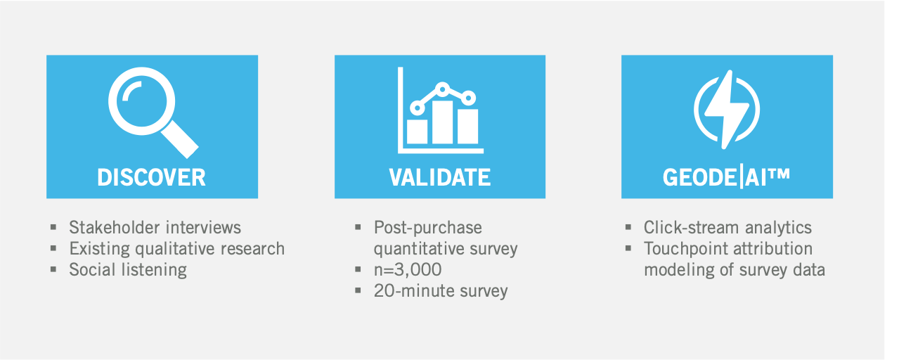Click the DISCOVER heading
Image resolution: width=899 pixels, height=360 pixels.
(x=151, y=177)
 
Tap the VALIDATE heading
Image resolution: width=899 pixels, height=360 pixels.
(x=440, y=177)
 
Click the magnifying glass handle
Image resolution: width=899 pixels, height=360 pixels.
(x=180, y=139)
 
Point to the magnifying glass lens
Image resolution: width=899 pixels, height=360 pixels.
(x=141, y=101)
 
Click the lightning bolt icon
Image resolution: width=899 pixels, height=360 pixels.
(x=727, y=109)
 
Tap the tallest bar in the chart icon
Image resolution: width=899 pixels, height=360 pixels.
(x=442, y=122)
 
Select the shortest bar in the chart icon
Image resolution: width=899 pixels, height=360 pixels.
(x=417, y=131)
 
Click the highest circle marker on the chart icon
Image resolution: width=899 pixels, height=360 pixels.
(x=442, y=89)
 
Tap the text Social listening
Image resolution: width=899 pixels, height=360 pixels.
(x=128, y=270)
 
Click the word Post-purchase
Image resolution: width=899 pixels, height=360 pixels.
(x=428, y=228)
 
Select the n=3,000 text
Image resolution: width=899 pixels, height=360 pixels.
(x=408, y=270)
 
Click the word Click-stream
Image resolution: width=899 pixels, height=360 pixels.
(x=692, y=228)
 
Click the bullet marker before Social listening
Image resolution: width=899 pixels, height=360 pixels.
(x=53, y=269)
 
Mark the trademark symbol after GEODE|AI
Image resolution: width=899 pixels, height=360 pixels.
(x=780, y=174)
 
